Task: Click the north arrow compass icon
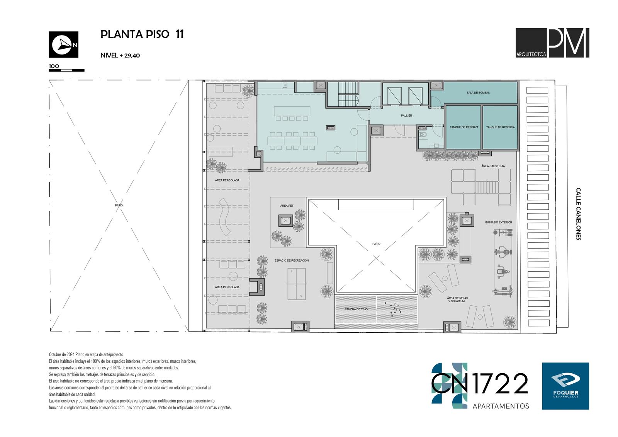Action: pyautogui.click(x=63, y=44)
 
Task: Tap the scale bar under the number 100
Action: pyautogui.click(x=66, y=70)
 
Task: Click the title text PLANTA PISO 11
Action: pyautogui.click(x=142, y=34)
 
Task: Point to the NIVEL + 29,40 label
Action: pyautogui.click(x=120, y=56)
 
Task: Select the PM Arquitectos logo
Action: pyautogui.click(x=552, y=43)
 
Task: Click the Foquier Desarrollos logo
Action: pyautogui.click(x=565, y=386)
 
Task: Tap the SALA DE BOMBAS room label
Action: pyautogui.click(x=478, y=93)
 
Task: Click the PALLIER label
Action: pyautogui.click(x=406, y=116)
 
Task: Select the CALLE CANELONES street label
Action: pyautogui.click(x=578, y=214)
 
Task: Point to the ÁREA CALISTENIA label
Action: pyautogui.click(x=493, y=166)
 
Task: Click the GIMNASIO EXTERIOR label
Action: pyautogui.click(x=498, y=222)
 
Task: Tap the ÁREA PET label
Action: pyautogui.click(x=287, y=206)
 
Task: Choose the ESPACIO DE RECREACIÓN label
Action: pyautogui.click(x=291, y=260)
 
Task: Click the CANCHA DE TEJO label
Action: pyautogui.click(x=356, y=309)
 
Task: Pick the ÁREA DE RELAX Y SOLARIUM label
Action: pyautogui.click(x=457, y=299)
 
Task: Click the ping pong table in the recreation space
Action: pyautogui.click(x=297, y=284)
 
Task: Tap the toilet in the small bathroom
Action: pyautogui.click(x=423, y=135)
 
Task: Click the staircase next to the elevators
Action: pyautogui.click(x=348, y=94)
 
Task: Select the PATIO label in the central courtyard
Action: pyautogui.click(x=376, y=244)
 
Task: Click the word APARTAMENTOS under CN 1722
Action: pyautogui.click(x=501, y=406)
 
